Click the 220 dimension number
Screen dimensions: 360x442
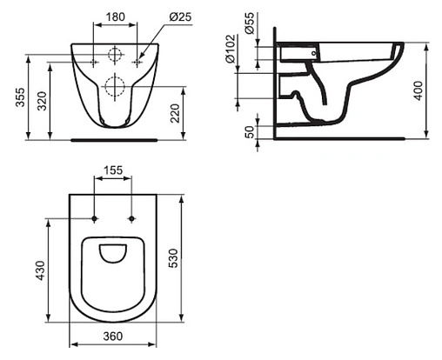coord(177,113)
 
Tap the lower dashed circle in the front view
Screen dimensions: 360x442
coord(114,85)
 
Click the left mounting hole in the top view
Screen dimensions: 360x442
coord(94,217)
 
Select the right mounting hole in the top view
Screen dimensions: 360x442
coord(132,217)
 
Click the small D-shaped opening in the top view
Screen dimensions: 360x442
coord(113,254)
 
